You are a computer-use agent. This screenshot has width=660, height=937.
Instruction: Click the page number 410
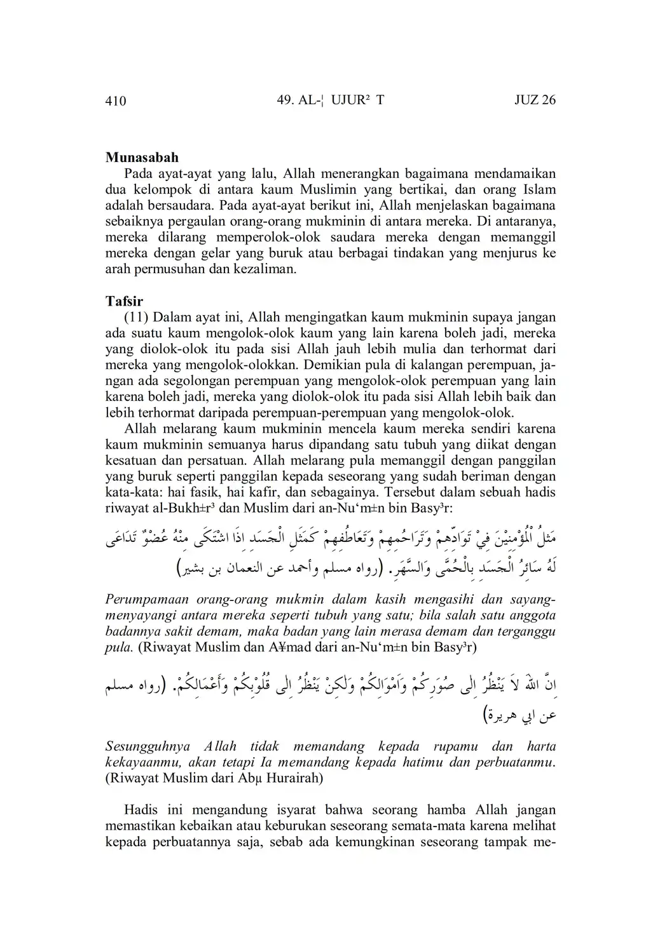click(116, 100)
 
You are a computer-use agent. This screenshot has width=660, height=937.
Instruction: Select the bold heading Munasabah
click(142, 158)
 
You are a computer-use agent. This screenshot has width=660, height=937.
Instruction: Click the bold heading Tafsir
click(124, 301)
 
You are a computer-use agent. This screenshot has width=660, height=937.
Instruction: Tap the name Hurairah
click(297, 778)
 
